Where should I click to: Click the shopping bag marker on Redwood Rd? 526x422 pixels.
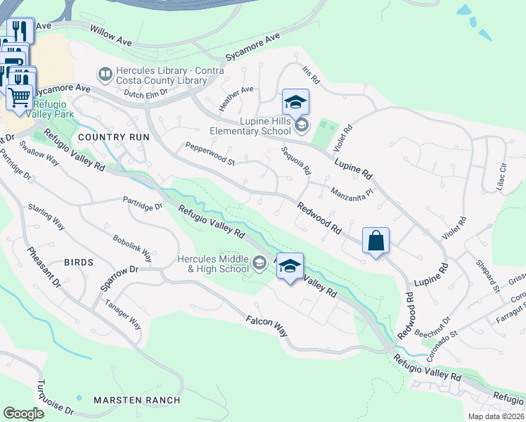[376, 241]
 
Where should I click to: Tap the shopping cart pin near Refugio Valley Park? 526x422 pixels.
[20, 96]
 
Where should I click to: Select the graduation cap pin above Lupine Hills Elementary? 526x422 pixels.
[295, 102]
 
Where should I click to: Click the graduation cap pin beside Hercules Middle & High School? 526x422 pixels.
[289, 266]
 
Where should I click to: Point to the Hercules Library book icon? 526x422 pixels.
[105, 74]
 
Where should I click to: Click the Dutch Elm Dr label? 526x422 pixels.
[145, 93]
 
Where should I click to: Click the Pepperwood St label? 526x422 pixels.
[210, 154]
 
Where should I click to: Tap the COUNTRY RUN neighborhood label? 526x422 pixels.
[114, 137]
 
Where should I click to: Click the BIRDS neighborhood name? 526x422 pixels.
[78, 262]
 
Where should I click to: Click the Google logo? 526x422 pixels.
[23, 414]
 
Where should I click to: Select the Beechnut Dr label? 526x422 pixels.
[436, 325]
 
